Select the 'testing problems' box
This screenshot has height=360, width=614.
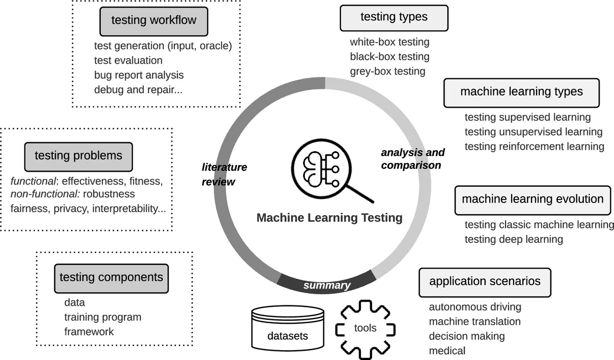(x=78, y=156)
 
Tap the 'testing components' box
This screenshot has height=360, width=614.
(x=111, y=278)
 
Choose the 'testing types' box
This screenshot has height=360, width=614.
(x=394, y=17)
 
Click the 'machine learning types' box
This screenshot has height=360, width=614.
(x=521, y=92)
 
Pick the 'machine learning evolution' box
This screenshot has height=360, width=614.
(x=533, y=199)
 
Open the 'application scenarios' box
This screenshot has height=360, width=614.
(x=485, y=282)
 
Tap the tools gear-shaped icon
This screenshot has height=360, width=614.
(x=365, y=328)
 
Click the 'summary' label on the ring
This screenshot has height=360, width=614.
(x=326, y=285)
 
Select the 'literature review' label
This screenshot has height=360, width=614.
(x=224, y=174)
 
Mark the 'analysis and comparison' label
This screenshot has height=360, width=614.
(x=413, y=159)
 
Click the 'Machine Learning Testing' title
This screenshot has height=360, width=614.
(x=330, y=218)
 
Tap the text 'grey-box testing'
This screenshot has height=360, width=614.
(x=387, y=71)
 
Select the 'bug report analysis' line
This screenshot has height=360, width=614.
(x=139, y=75)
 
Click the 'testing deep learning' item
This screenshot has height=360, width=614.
(x=514, y=239)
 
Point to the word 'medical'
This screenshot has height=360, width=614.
(x=447, y=350)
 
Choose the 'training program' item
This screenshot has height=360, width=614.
(x=102, y=317)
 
